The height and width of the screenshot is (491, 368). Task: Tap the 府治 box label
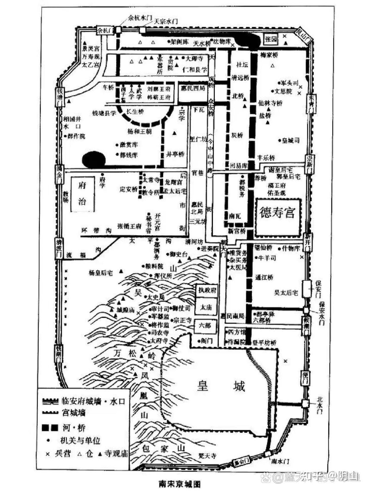82,194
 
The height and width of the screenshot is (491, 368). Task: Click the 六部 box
205,326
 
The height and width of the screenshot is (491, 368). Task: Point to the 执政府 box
207,290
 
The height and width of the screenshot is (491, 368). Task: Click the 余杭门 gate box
105,30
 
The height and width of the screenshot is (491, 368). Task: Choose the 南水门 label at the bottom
280,461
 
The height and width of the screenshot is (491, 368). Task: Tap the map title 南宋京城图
180,484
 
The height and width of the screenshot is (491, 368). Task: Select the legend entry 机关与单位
80,441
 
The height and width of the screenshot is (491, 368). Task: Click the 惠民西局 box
193,88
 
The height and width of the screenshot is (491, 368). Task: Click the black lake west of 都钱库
94,160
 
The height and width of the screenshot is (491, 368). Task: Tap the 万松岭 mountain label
135,354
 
